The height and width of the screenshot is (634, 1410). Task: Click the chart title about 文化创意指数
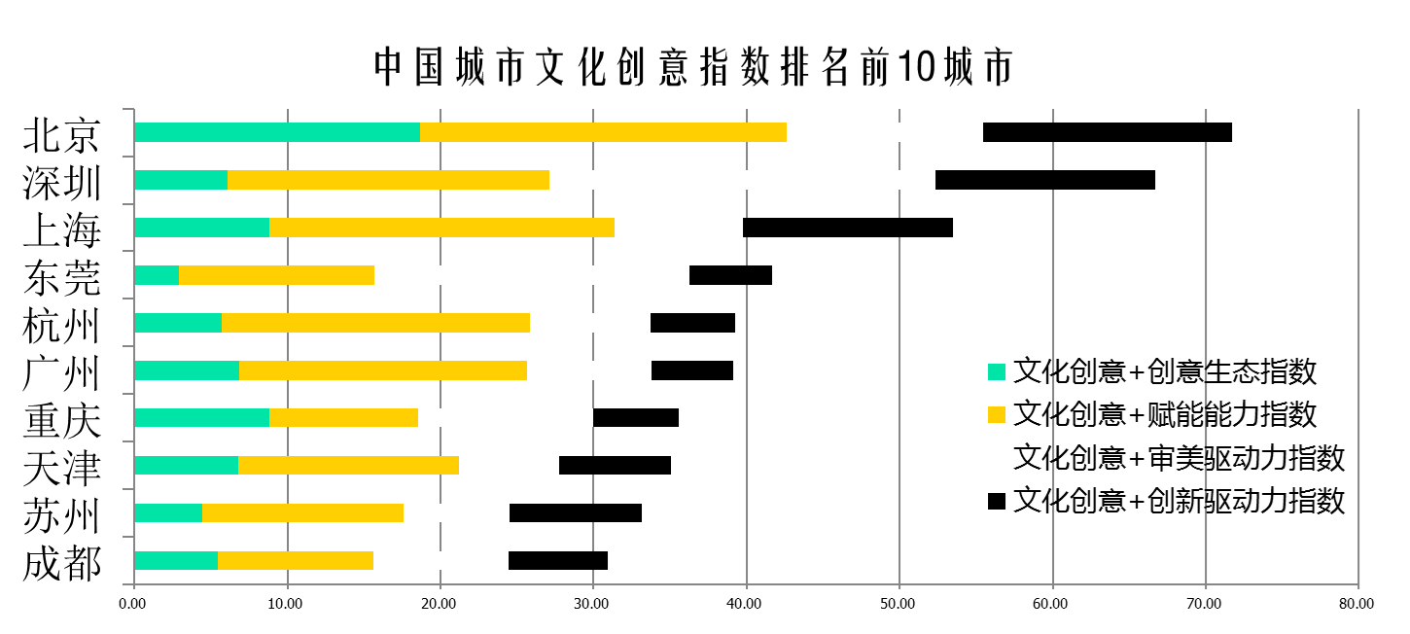pyautogui.click(x=694, y=67)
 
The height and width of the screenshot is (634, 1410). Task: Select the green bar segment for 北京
pyautogui.click(x=277, y=132)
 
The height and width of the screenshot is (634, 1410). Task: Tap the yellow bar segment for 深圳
pyautogui.click(x=388, y=180)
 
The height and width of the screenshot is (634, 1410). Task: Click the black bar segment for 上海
pyautogui.click(x=847, y=228)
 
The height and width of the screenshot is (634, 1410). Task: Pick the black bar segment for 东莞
pyautogui.click(x=730, y=275)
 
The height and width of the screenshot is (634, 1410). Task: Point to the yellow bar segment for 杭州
pyautogui.click(x=375, y=323)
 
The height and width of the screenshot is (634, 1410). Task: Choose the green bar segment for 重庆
pyautogui.click(x=201, y=418)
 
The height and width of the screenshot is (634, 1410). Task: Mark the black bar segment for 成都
pyautogui.click(x=558, y=561)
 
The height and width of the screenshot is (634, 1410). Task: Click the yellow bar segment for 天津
pyautogui.click(x=348, y=466)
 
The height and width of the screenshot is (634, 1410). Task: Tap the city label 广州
pyautogui.click(x=62, y=372)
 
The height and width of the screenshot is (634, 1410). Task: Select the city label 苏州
pyautogui.click(x=62, y=515)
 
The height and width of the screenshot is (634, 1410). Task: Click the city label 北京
pyautogui.click(x=62, y=135)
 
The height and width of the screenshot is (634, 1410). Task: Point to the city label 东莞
pyautogui.click(x=62, y=278)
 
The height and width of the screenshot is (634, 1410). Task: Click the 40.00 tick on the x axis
pyautogui.click(x=745, y=604)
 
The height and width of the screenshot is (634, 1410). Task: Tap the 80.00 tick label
pyautogui.click(x=1357, y=604)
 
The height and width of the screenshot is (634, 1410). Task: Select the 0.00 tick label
pyautogui.click(x=133, y=604)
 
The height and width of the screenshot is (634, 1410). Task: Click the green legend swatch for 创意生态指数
pyautogui.click(x=996, y=371)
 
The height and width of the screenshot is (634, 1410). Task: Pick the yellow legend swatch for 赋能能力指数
pyautogui.click(x=996, y=415)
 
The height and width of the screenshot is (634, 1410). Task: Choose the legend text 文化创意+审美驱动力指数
pyautogui.click(x=1179, y=457)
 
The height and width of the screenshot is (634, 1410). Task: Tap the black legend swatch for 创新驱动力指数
pyautogui.click(x=996, y=502)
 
